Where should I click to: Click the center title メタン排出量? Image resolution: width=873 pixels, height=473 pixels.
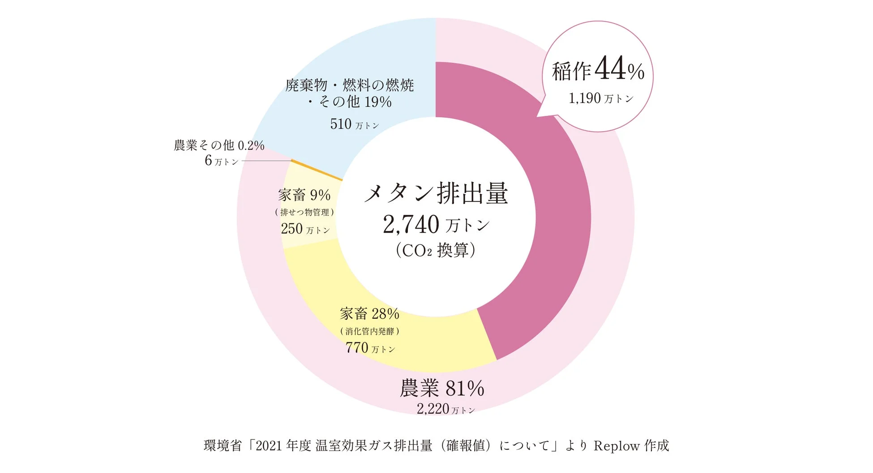436,193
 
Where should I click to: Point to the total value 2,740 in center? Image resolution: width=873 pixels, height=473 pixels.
411,225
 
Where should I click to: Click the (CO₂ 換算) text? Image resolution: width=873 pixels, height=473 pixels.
436,250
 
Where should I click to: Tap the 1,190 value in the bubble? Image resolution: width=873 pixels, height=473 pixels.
585,98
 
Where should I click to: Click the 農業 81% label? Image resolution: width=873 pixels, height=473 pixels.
442,388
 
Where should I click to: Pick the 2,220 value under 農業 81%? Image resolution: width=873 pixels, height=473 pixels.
432,409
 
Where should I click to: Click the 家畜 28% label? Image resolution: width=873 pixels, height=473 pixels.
369,314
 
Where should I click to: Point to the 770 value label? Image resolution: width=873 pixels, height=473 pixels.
357,348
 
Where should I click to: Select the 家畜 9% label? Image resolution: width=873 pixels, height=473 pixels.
304,195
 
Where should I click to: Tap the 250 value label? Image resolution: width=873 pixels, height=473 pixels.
292,229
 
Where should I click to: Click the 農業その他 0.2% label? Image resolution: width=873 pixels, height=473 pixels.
219,145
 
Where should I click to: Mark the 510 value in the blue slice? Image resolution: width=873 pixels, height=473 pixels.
341,124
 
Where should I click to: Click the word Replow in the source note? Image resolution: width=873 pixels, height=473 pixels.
616,446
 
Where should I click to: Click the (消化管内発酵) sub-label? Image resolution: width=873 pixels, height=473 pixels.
369,332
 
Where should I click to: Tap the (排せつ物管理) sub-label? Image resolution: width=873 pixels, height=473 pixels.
304,213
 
